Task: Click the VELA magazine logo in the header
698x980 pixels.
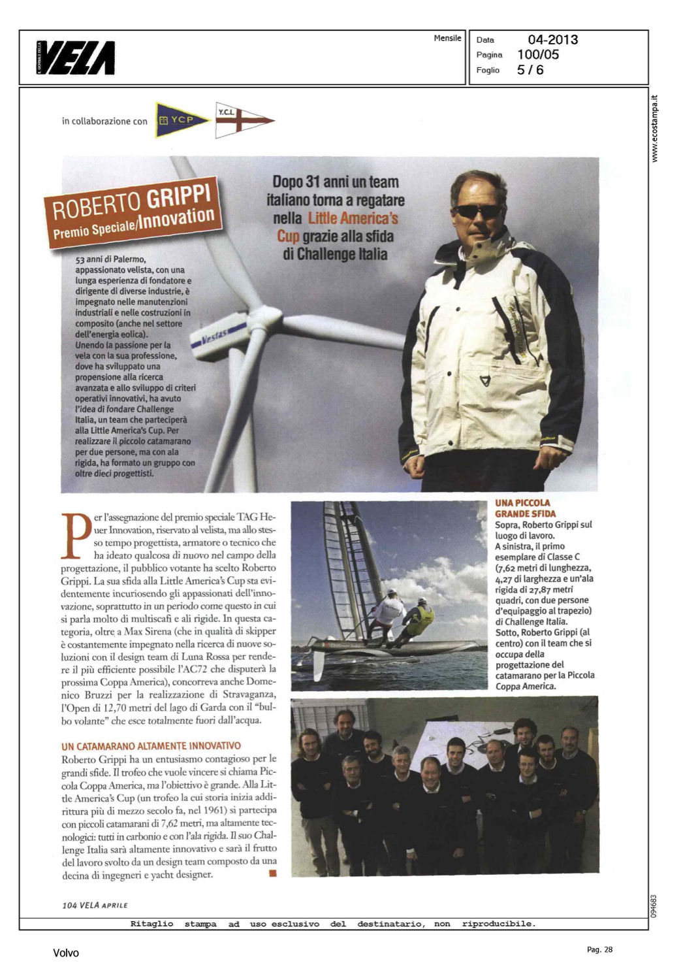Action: tap(76, 57)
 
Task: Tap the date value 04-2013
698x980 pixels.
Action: tap(552, 40)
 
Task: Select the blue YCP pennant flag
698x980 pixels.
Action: tap(182, 120)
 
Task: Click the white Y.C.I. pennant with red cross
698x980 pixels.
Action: tap(243, 120)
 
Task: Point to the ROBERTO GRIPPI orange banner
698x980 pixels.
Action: tap(133, 214)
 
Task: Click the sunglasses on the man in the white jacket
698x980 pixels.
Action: tap(477, 212)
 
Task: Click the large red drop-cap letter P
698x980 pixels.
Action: tap(75, 536)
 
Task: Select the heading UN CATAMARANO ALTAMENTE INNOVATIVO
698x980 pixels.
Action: tap(151, 746)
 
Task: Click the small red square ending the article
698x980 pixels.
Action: tap(272, 873)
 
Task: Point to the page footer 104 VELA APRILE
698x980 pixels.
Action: tap(95, 905)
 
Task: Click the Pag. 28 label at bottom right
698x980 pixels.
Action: tap(599, 950)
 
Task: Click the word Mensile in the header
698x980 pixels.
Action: tap(447, 39)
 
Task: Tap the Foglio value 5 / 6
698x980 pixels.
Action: tap(530, 70)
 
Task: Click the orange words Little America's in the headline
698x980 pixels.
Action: tap(353, 218)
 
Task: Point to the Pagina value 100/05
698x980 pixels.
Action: tap(538, 55)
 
